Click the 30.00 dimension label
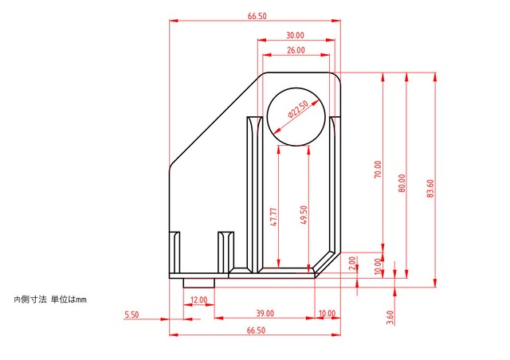295,35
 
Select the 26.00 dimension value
296,50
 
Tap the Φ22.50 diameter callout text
298,109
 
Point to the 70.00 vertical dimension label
378,169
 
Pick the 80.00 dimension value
402,183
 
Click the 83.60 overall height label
430,188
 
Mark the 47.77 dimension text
274,217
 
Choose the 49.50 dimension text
304,215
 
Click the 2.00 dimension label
352,264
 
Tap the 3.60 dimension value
390,318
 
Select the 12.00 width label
198,299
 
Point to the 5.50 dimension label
131,315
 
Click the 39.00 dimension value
265,313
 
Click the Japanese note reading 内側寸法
30,299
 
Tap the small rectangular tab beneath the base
199,283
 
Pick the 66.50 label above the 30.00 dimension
257,16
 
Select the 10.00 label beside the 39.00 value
327,313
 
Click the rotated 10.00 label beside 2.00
377,267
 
